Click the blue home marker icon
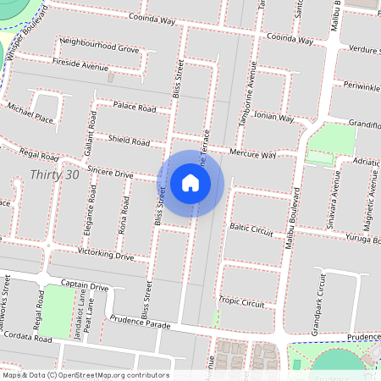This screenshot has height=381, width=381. click(x=190, y=183)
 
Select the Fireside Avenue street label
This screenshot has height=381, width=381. click(x=81, y=63)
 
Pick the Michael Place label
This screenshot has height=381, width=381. click(x=30, y=113)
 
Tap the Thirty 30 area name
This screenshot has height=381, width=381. click(x=53, y=174)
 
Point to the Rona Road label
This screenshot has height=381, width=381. click(x=125, y=216)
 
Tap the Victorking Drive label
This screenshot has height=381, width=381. click(x=106, y=254)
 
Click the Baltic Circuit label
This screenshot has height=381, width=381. click(x=252, y=229)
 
